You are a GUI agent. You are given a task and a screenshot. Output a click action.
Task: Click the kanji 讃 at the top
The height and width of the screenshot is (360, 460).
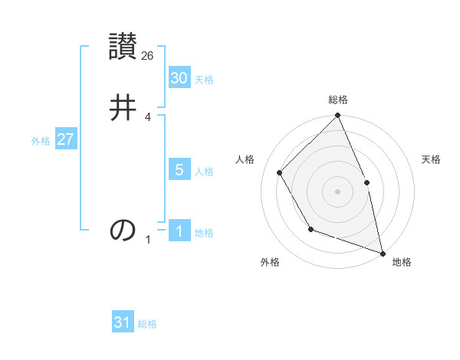(123, 46)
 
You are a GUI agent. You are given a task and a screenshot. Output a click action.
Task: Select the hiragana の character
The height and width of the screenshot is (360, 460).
(123, 230)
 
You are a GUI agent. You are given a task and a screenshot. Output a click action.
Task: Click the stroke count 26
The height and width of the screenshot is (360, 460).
(148, 55)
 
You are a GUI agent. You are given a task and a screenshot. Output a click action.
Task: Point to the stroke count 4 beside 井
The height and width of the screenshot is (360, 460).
(148, 116)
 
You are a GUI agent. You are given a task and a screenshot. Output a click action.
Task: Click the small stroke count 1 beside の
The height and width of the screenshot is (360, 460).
(148, 240)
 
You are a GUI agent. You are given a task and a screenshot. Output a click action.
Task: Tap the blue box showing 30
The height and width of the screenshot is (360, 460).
(179, 78)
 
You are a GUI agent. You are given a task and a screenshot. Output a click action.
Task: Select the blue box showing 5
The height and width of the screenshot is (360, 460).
(179, 170)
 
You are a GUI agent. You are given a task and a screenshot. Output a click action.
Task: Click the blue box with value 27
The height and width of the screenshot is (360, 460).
(65, 139)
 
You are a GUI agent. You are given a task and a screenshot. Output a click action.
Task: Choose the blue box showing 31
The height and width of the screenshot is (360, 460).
(123, 323)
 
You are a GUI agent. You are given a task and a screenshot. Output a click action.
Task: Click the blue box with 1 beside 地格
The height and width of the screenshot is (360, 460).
(179, 231)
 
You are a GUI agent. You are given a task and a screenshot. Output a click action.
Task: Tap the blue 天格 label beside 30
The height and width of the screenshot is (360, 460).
(204, 80)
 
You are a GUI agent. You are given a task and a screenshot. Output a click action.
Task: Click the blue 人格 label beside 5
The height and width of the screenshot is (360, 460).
(204, 172)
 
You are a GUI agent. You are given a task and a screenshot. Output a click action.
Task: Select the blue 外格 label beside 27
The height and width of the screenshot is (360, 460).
(41, 141)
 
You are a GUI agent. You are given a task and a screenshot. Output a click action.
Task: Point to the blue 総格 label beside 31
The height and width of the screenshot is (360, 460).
(147, 325)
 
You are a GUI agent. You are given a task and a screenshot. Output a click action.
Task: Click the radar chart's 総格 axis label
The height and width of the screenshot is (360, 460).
(338, 100)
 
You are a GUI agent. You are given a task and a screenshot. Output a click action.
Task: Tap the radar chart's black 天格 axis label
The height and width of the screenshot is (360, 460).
(432, 159)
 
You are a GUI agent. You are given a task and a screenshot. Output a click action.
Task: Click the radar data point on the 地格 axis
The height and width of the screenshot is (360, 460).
(382, 253)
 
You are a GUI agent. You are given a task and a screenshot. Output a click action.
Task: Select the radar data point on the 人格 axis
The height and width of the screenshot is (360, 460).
(280, 172)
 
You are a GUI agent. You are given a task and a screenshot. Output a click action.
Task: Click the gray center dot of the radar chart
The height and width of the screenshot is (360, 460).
(337, 191)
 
